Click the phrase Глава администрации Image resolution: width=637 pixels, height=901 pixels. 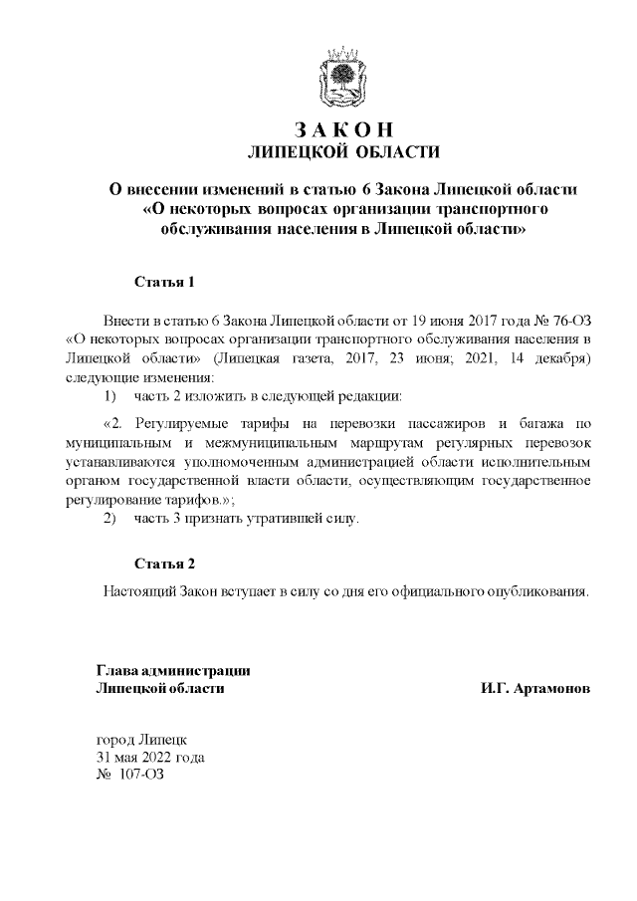coord(172,670)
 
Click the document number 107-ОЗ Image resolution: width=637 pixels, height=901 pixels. coord(140,775)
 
